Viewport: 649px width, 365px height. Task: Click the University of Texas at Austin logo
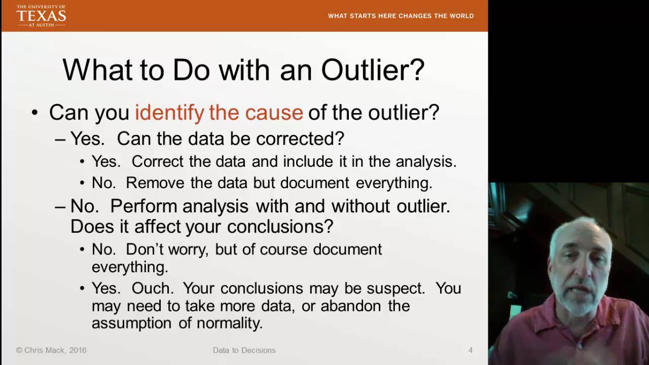pos(41,16)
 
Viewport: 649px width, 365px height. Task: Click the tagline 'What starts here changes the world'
pos(401,16)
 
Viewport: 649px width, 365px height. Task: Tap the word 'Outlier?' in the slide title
pos(373,70)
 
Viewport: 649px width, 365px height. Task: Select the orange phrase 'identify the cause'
pos(219,112)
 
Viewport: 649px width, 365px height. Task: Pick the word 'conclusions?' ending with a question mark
pos(280,227)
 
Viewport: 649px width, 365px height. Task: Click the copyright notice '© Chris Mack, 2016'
pos(51,350)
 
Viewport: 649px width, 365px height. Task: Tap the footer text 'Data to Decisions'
pos(244,350)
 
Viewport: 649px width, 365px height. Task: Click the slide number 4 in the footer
pos(471,350)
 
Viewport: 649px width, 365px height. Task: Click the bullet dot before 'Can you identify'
pos(34,112)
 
